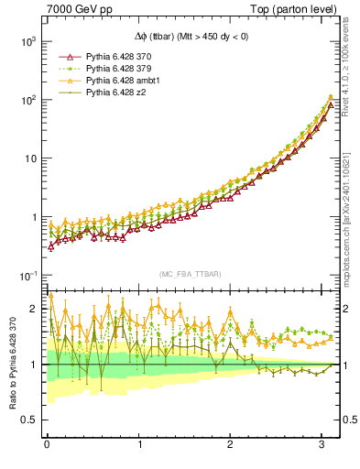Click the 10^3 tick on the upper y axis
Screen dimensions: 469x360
point(27,41)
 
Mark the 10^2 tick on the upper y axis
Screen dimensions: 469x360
point(27,100)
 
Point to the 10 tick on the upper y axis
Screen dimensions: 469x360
point(29,158)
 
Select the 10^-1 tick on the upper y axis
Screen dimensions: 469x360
point(27,276)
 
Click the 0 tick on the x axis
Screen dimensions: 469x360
point(47,446)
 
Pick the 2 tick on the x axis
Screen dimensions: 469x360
point(232,446)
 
